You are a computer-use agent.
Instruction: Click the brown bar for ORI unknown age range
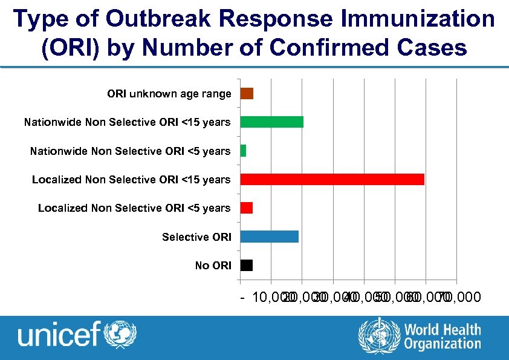[247, 93]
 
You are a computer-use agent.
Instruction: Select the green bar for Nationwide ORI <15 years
[271, 122]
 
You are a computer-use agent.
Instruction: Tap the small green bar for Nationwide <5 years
[243, 151]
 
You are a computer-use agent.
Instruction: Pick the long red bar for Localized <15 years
[332, 179]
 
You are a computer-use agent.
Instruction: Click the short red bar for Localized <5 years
[246, 208]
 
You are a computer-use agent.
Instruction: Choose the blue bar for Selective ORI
[269, 237]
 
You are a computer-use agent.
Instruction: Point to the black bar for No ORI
[246, 265]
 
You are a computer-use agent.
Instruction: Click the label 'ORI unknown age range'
[169, 94]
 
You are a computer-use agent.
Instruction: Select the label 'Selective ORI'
[196, 237]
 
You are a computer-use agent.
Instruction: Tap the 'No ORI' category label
[213, 266]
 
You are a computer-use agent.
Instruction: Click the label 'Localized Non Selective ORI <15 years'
[131, 180]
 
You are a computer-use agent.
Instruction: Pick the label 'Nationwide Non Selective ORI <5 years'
[130, 151]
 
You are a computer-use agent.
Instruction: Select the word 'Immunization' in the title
[417, 19]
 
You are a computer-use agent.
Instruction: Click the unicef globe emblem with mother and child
[121, 334]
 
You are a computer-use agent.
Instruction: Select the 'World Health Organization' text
[443, 337]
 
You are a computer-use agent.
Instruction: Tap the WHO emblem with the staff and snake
[379, 336]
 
